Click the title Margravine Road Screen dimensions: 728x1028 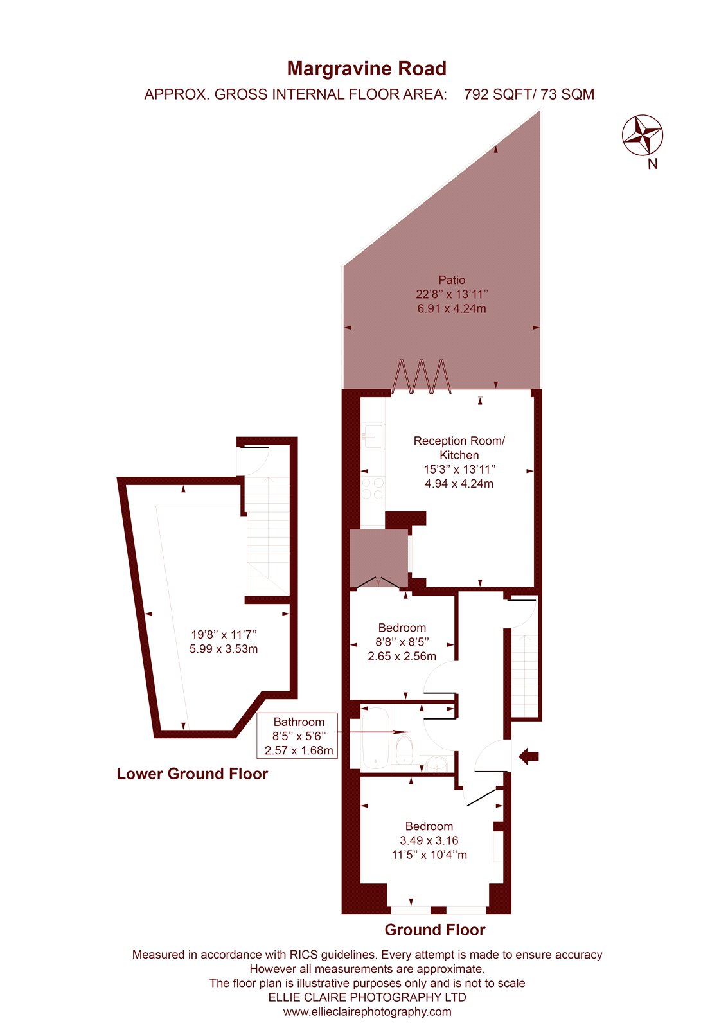click(x=366, y=69)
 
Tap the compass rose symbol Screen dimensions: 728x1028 click(x=642, y=135)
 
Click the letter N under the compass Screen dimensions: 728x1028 click(x=652, y=164)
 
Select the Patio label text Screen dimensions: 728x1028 click(x=452, y=279)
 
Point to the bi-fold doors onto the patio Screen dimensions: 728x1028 click(x=422, y=377)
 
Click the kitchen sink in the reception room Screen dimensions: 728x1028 click(x=372, y=436)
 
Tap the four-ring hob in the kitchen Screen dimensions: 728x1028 click(x=372, y=488)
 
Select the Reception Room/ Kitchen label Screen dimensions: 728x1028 click(x=459, y=448)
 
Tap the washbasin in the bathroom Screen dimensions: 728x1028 click(x=434, y=763)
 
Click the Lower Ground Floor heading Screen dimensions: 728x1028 click(x=192, y=774)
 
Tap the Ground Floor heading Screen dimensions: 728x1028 click(x=435, y=930)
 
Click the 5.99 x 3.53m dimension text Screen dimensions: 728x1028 click(x=224, y=649)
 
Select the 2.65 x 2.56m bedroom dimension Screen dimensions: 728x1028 click(x=402, y=656)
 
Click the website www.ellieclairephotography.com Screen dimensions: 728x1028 click(x=368, y=1011)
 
